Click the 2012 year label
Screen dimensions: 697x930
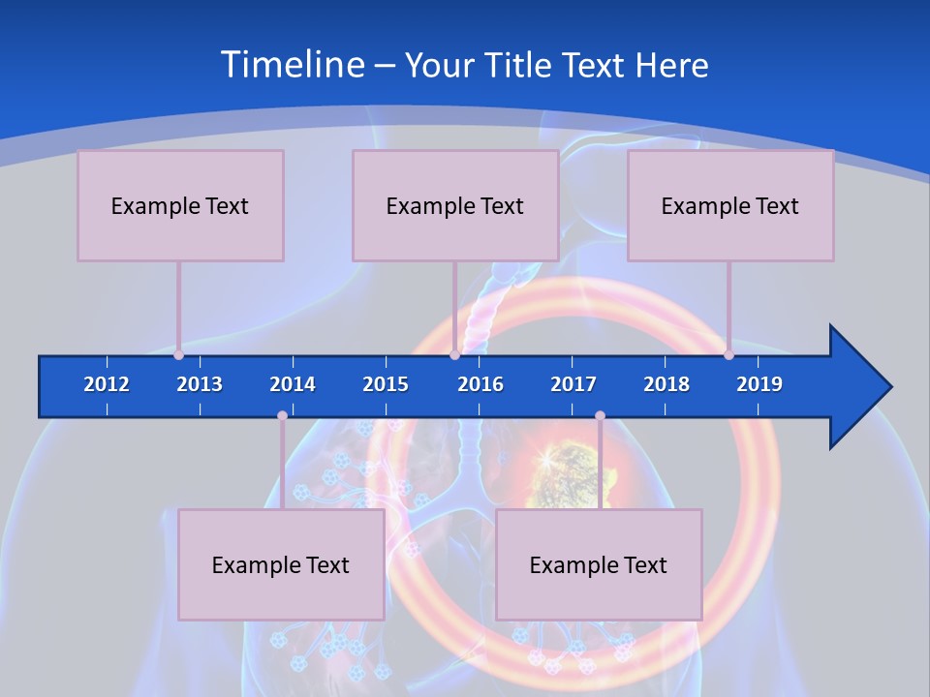pos(107,384)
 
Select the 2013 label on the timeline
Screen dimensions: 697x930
pos(200,384)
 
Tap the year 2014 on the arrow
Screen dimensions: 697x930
pos(293,384)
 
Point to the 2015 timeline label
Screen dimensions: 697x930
pos(386,384)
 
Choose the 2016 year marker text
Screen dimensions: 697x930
pos(480,384)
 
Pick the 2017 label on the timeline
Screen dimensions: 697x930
pos(573,384)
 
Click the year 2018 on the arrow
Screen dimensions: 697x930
pos(666,384)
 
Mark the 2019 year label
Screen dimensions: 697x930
pos(759,384)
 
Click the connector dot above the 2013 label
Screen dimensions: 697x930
pos(178,354)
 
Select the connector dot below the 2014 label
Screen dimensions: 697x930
pos(282,416)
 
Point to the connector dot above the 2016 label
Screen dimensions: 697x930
pos(454,354)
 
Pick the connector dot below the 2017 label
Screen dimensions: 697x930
pos(600,416)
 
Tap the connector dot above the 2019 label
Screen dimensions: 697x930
pos(728,354)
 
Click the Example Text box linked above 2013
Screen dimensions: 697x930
pos(180,205)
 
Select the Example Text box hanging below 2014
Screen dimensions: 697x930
pos(281,564)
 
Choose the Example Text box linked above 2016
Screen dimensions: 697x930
pos(455,205)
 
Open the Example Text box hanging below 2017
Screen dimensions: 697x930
pos(599,564)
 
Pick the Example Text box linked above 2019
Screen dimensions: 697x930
pos(730,205)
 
